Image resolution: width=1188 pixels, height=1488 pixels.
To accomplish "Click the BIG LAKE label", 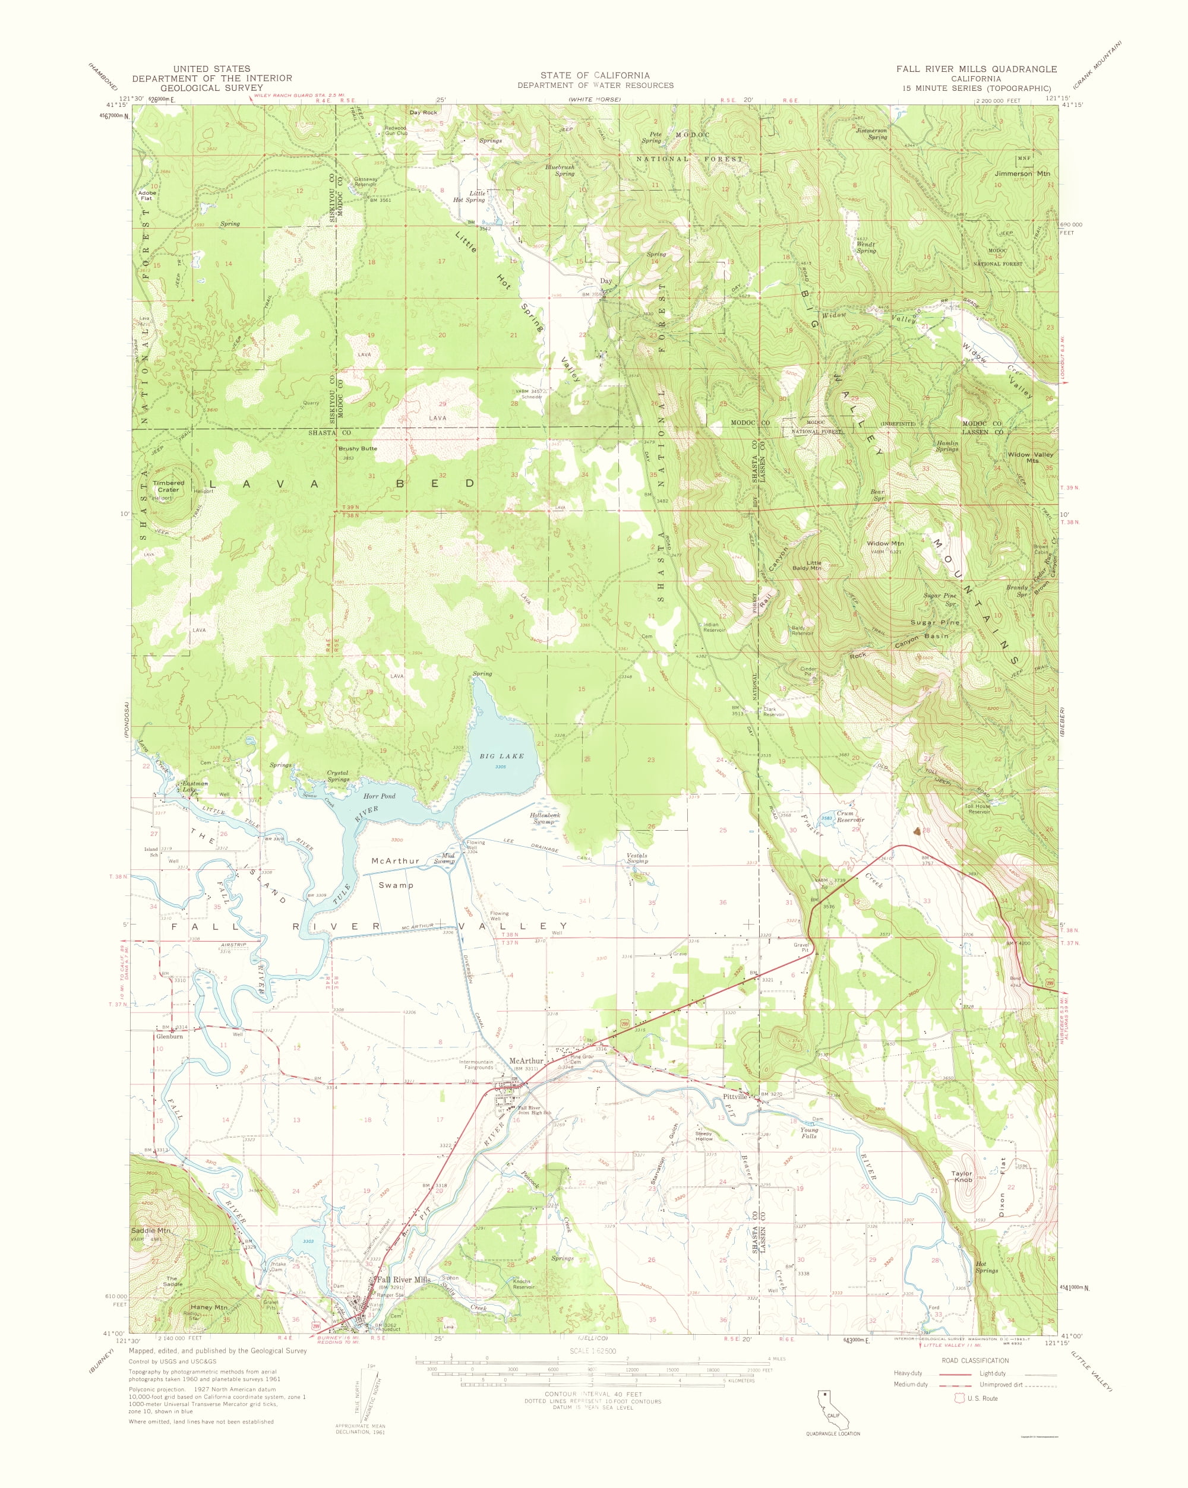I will pyautogui.click(x=501, y=756).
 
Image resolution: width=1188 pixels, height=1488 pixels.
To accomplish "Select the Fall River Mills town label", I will pyautogui.click(x=403, y=1279).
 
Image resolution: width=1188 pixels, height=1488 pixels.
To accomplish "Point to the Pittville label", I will pyautogui.click(x=735, y=1096).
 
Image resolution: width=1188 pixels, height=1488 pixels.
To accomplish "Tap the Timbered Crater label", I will pyautogui.click(x=169, y=486).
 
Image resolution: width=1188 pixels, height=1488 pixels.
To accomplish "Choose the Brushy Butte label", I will pyautogui.click(x=358, y=449).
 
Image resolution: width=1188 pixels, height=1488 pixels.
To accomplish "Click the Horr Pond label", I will pyautogui.click(x=379, y=796).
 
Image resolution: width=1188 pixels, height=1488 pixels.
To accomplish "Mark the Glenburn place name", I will pyautogui.click(x=169, y=1036).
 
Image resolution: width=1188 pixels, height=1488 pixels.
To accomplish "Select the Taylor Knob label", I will pyautogui.click(x=962, y=1176).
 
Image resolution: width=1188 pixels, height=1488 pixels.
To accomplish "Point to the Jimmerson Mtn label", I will pyautogui.click(x=1022, y=174).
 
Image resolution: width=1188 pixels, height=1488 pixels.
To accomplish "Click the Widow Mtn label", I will pyautogui.click(x=885, y=543).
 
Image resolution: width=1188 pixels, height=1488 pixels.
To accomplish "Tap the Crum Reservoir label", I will pyautogui.click(x=850, y=816).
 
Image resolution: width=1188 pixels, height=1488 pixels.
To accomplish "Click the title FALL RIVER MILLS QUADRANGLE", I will pyautogui.click(x=976, y=69).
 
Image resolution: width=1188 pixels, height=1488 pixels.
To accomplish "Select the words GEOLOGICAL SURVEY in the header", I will pyautogui.click(x=212, y=88).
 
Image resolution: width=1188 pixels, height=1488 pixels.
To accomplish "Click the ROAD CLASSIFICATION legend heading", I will pyautogui.click(x=975, y=1360).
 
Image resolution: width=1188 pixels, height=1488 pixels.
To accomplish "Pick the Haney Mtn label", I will pyautogui.click(x=208, y=1307).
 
